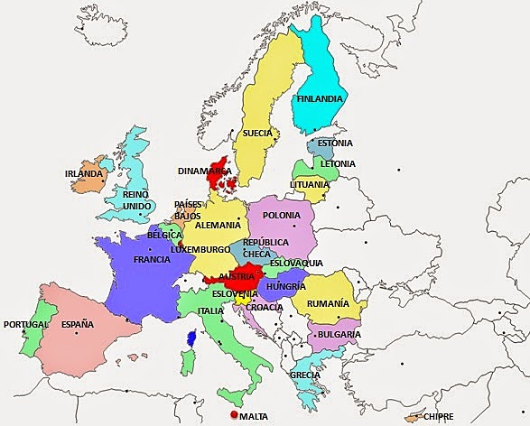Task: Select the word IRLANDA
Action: (85, 173)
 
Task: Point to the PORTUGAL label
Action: (25, 324)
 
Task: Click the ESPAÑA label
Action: (77, 324)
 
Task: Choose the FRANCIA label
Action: (152, 259)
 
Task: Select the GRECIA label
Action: (305, 374)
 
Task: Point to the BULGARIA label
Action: (339, 334)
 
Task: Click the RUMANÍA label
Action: (328, 304)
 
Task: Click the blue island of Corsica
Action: (191, 338)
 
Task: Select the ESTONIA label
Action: (334, 143)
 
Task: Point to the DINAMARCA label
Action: (204, 170)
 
